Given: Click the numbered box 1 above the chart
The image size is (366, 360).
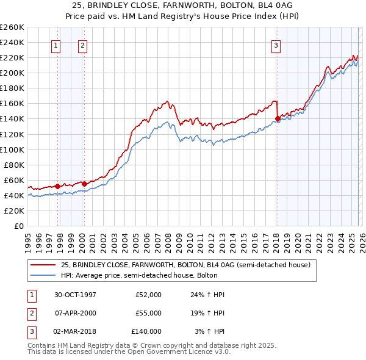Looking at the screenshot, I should click(56, 45).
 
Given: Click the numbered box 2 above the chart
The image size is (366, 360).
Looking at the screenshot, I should click(82, 45).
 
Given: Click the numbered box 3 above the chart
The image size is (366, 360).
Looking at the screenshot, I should click(276, 45).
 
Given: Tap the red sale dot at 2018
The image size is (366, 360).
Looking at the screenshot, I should click(278, 119).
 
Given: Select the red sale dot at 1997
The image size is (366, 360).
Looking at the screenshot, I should click(58, 186).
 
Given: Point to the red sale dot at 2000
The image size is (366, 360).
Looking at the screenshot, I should click(84, 184).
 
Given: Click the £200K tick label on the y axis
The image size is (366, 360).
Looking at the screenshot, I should click(12, 73).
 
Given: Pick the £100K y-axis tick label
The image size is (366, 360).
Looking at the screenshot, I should click(12, 149).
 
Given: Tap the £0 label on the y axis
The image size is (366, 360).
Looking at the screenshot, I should click(19, 226).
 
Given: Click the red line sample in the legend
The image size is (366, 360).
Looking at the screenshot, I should click(43, 265).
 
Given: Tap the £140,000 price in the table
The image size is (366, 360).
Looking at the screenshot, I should click(146, 331).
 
